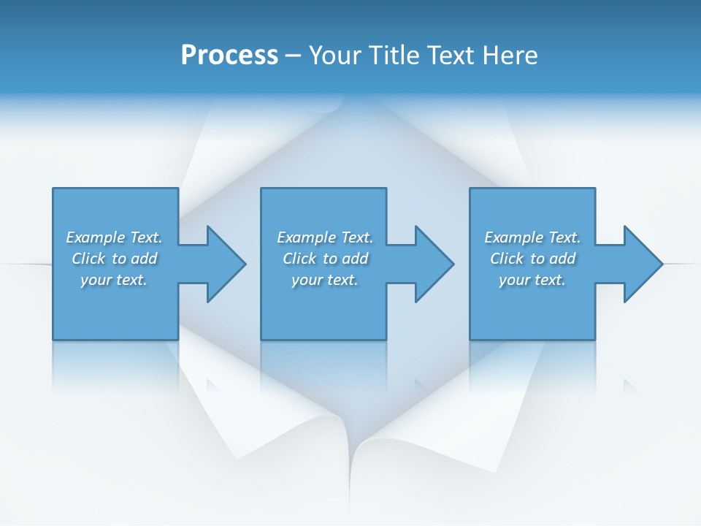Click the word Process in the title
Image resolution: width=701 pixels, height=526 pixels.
pyautogui.click(x=229, y=56)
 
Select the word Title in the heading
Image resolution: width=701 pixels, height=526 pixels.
pyautogui.click(x=395, y=56)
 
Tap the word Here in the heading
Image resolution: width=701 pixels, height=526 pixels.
pyautogui.click(x=508, y=56)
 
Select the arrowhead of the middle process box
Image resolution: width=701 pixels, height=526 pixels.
pyautogui.click(x=433, y=264)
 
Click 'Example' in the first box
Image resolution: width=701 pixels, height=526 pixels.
pyautogui.click(x=95, y=237)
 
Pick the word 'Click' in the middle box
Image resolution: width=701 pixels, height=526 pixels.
pyautogui.click(x=299, y=259)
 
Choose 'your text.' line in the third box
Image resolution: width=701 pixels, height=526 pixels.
pyautogui.click(x=532, y=280)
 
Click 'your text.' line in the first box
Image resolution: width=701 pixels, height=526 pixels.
pyautogui.click(x=114, y=280)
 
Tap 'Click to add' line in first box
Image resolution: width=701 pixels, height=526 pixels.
pyautogui.click(x=114, y=259)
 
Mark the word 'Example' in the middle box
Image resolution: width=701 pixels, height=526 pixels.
pyautogui.click(x=306, y=237)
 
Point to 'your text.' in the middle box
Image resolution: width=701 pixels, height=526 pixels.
pyautogui.click(x=324, y=280)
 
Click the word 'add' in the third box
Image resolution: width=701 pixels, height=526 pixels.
pyautogui.click(x=563, y=259)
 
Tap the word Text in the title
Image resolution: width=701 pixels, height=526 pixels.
pyautogui.click(x=448, y=56)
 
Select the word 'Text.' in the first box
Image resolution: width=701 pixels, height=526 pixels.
pyautogui.click(x=146, y=237)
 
